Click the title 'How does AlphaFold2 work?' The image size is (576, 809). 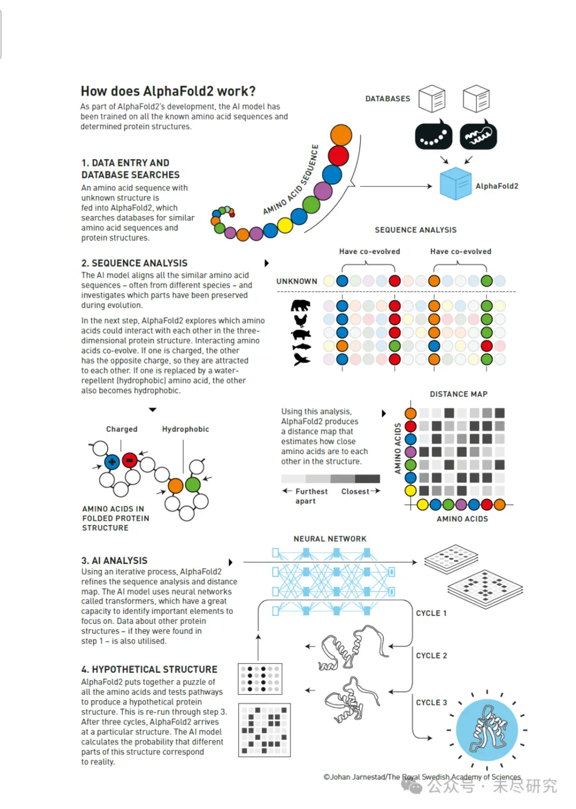click(x=168, y=91)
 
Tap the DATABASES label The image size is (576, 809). click(x=388, y=99)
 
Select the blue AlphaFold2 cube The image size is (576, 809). click(x=456, y=184)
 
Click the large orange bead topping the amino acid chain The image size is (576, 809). click(x=341, y=135)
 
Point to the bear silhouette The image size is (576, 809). click(x=301, y=305)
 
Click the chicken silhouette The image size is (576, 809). click(x=301, y=320)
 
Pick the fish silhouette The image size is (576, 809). click(x=301, y=347)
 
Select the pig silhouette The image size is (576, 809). click(x=301, y=334)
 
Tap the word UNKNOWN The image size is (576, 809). click(x=297, y=281)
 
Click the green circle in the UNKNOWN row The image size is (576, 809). click(x=487, y=281)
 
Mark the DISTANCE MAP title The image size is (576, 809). click(x=458, y=394)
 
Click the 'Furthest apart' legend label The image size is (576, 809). click(x=310, y=496)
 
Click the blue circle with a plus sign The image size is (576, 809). click(x=112, y=462)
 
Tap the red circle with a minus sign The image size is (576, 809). click(x=130, y=460)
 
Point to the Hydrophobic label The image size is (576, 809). click(x=185, y=429)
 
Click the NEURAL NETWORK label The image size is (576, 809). click(x=330, y=539)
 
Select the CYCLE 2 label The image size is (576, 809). click(x=431, y=656)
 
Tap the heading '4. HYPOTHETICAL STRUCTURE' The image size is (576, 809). click(x=149, y=670)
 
